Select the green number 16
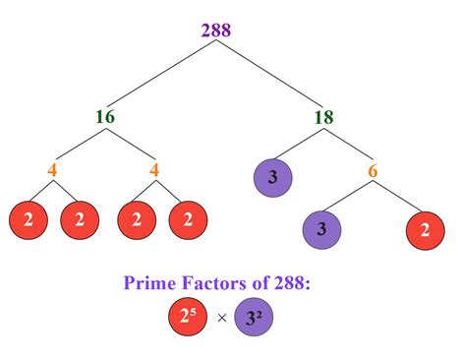click(105, 117)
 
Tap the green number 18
click(322, 117)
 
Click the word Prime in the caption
click(150, 283)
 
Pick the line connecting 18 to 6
click(350, 145)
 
